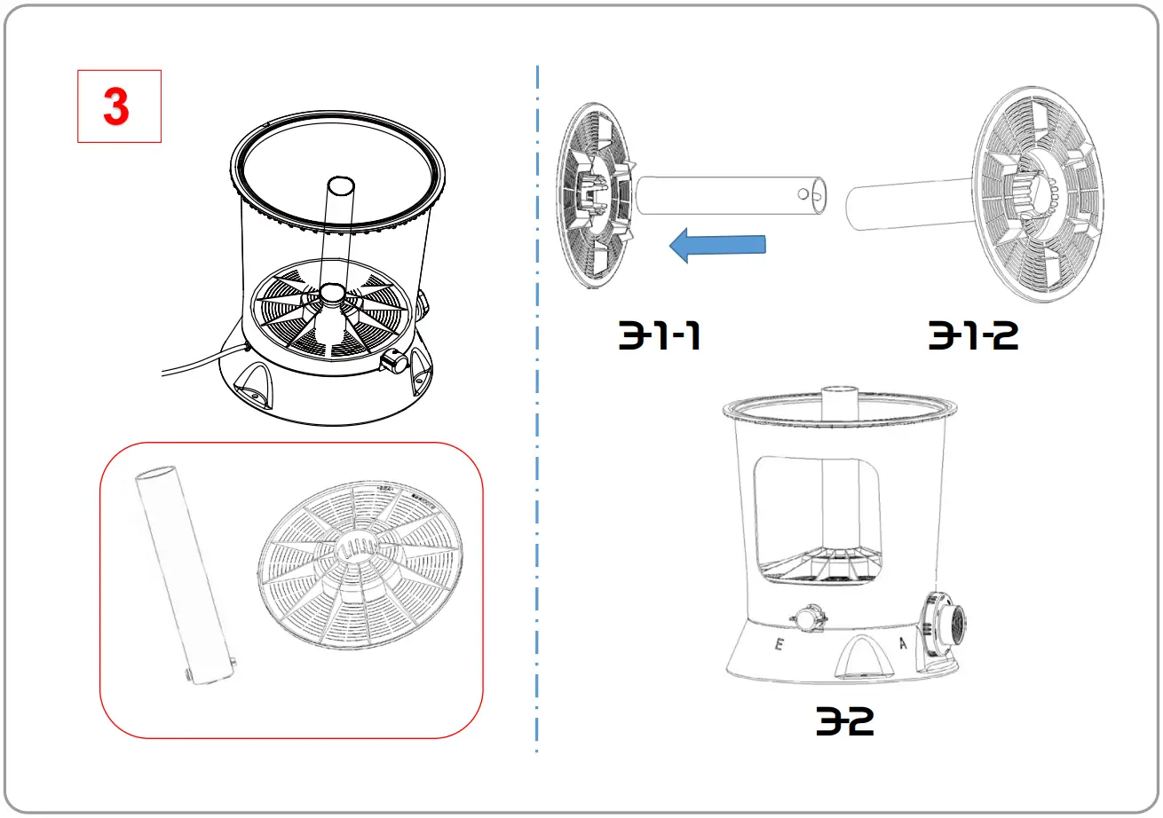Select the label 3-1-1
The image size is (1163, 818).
[660, 335]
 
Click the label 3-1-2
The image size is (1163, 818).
[974, 335]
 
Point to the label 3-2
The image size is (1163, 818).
[845, 722]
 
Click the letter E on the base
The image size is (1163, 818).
[779, 645]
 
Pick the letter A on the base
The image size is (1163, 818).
[903, 643]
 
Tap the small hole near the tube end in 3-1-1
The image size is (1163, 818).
[803, 193]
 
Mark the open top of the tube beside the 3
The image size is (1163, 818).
[340, 187]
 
